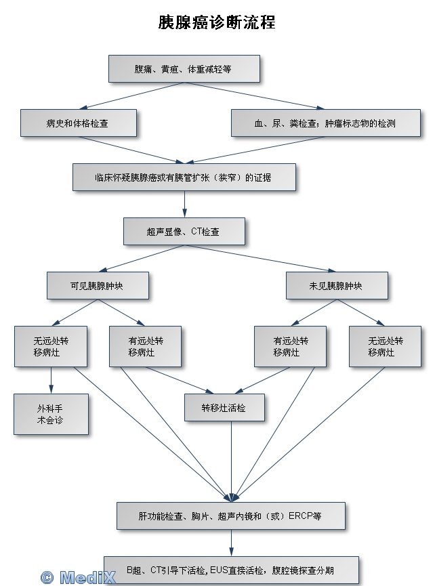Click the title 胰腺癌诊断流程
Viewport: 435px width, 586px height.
click(x=217, y=22)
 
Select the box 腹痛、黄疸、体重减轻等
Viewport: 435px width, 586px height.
click(x=184, y=69)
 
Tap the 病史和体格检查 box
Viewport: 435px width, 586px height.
click(x=79, y=123)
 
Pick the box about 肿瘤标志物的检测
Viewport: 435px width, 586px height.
click(x=325, y=123)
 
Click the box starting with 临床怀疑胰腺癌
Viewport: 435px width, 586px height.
click(x=184, y=177)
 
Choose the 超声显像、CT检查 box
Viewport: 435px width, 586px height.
click(x=184, y=231)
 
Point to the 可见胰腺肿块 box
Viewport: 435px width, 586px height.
click(x=97, y=286)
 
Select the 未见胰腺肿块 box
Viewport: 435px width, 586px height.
click(x=336, y=286)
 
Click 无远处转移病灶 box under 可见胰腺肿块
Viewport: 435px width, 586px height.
click(x=51, y=347)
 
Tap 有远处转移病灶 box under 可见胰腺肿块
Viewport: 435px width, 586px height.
click(x=146, y=347)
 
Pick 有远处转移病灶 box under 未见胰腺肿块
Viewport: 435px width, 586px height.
click(x=290, y=347)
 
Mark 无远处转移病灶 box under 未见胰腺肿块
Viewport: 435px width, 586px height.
click(x=385, y=347)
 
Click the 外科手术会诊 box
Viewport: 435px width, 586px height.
click(x=51, y=414)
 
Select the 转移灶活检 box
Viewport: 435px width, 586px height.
click(x=224, y=408)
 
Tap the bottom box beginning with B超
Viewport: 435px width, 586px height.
click(x=230, y=570)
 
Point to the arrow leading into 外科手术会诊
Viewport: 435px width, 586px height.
click(x=51, y=381)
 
